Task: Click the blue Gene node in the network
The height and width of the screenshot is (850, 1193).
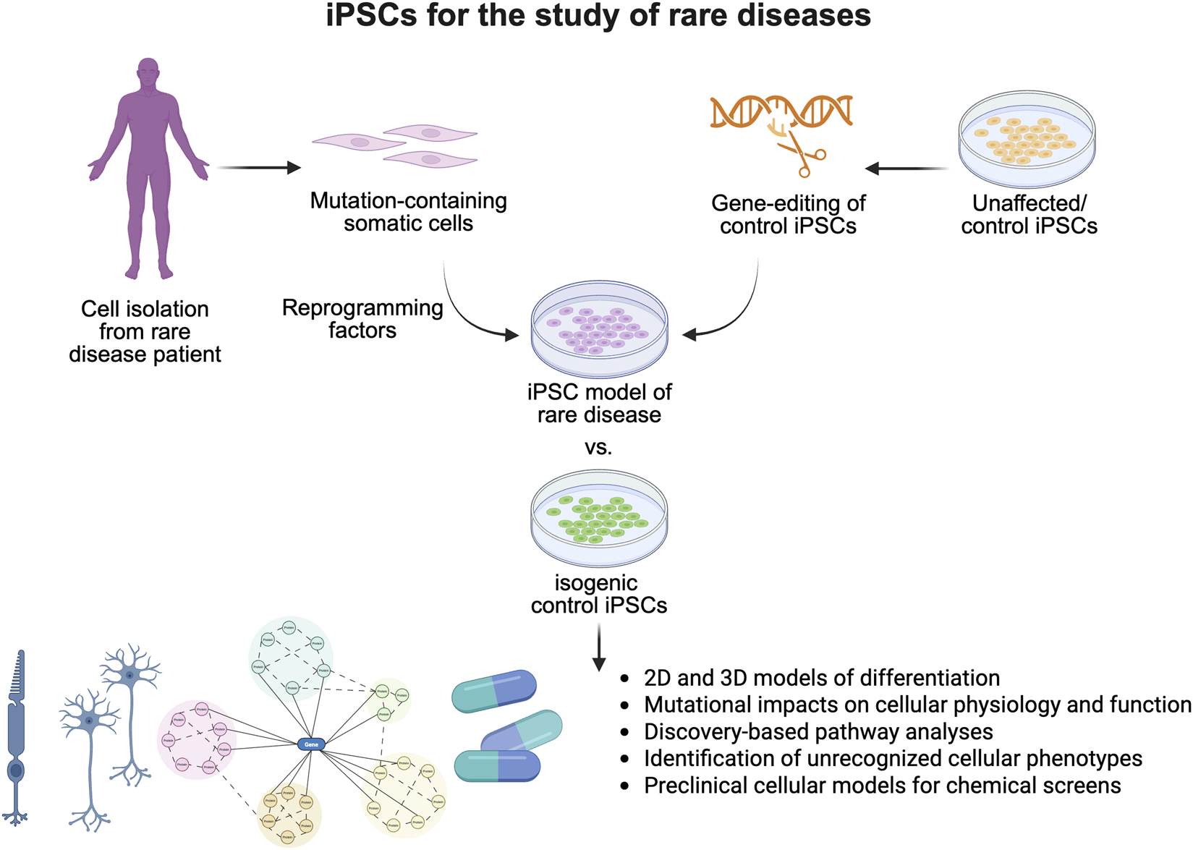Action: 311,744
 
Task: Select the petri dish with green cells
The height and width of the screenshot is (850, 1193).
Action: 599,519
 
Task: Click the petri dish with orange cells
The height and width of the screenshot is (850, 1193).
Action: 1027,139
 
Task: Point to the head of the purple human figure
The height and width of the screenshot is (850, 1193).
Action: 148,72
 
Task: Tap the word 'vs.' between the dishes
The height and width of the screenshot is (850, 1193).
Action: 598,447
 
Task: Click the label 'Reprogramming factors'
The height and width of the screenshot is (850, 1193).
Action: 362,318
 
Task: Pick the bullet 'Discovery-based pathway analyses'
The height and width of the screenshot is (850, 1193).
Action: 818,731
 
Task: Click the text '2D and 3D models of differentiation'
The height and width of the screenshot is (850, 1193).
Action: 821,678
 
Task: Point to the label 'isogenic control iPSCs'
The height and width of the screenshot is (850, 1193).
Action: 598,593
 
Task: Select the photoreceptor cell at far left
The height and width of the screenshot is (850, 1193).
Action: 17,738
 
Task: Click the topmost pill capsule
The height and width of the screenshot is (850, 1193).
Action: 494,691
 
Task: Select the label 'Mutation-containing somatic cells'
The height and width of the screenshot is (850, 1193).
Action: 408,211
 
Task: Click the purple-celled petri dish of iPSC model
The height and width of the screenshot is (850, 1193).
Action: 599,329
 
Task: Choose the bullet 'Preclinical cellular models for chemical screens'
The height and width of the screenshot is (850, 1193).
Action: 882,785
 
